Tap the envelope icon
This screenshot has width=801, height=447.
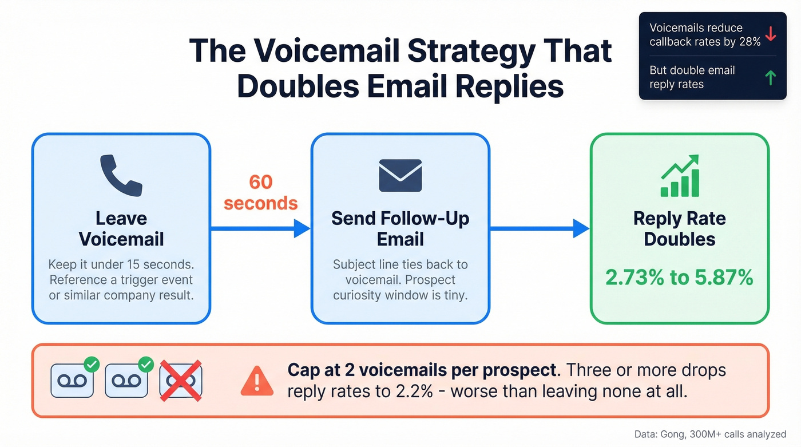pyautogui.click(x=400, y=175)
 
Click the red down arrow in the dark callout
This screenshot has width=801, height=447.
pyautogui.click(x=770, y=34)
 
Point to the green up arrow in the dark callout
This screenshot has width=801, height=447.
pyautogui.click(x=770, y=77)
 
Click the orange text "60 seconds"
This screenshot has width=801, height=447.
pyautogui.click(x=260, y=192)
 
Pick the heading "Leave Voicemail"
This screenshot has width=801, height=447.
pyautogui.click(x=121, y=228)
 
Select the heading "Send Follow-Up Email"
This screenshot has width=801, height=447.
pyautogui.click(x=400, y=228)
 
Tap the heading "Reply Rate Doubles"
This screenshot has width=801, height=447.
pyautogui.click(x=680, y=228)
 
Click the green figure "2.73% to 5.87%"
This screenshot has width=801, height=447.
pyautogui.click(x=680, y=278)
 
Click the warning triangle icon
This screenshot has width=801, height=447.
pyautogui.click(x=257, y=381)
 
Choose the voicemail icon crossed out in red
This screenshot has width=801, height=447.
pyautogui.click(x=180, y=380)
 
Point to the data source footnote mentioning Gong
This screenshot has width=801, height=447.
pyautogui.click(x=710, y=434)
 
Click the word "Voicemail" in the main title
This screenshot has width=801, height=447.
pyautogui.click(x=326, y=52)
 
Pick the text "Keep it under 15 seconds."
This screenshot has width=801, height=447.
pyautogui.click(x=121, y=264)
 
